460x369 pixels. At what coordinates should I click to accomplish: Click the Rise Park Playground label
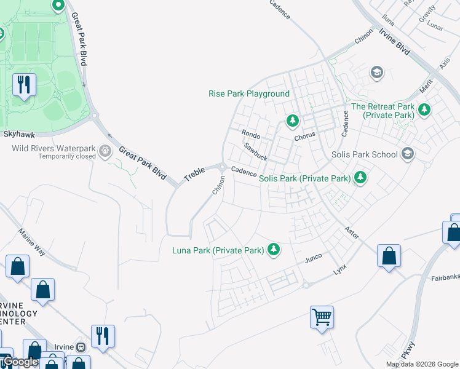tap(248, 93)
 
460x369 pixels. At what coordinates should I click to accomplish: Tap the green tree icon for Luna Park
tap(274, 250)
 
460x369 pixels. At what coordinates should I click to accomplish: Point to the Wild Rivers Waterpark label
tap(54, 148)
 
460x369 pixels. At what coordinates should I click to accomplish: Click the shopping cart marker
tap(322, 317)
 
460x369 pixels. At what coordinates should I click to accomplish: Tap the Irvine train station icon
tap(81, 346)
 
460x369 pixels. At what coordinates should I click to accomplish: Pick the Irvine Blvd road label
tap(395, 42)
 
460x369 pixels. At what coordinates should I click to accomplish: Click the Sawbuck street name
tap(255, 152)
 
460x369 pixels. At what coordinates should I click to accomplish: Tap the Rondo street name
tap(251, 134)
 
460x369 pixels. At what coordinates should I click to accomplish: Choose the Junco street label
tap(313, 260)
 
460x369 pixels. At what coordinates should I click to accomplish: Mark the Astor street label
tap(351, 232)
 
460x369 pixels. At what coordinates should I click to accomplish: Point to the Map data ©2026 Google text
tap(421, 364)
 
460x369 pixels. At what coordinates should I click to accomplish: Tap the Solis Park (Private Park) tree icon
tap(360, 178)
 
